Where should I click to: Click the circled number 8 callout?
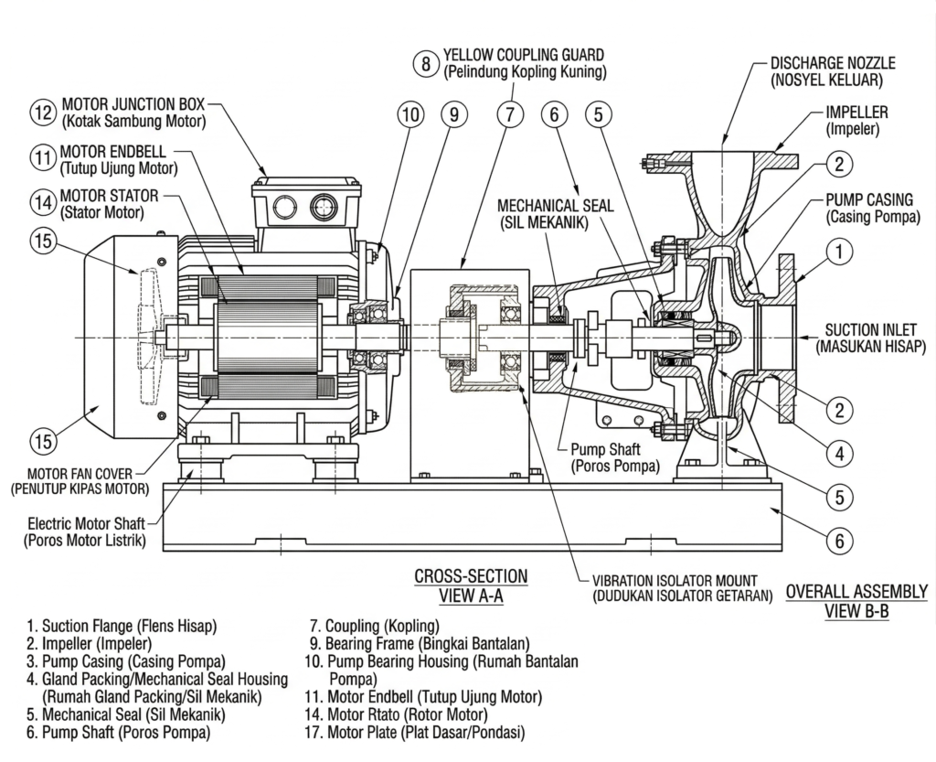click(x=426, y=63)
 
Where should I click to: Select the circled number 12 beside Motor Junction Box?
click(x=43, y=113)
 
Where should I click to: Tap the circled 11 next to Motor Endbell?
click(x=42, y=158)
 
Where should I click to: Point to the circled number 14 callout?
click(x=43, y=202)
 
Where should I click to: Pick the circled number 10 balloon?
click(x=410, y=114)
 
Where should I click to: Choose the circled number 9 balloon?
click(x=454, y=114)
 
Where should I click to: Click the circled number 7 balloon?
click(x=510, y=114)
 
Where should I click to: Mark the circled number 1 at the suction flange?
click(x=839, y=252)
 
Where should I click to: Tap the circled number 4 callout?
click(x=839, y=454)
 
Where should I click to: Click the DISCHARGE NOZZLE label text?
click(x=832, y=63)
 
